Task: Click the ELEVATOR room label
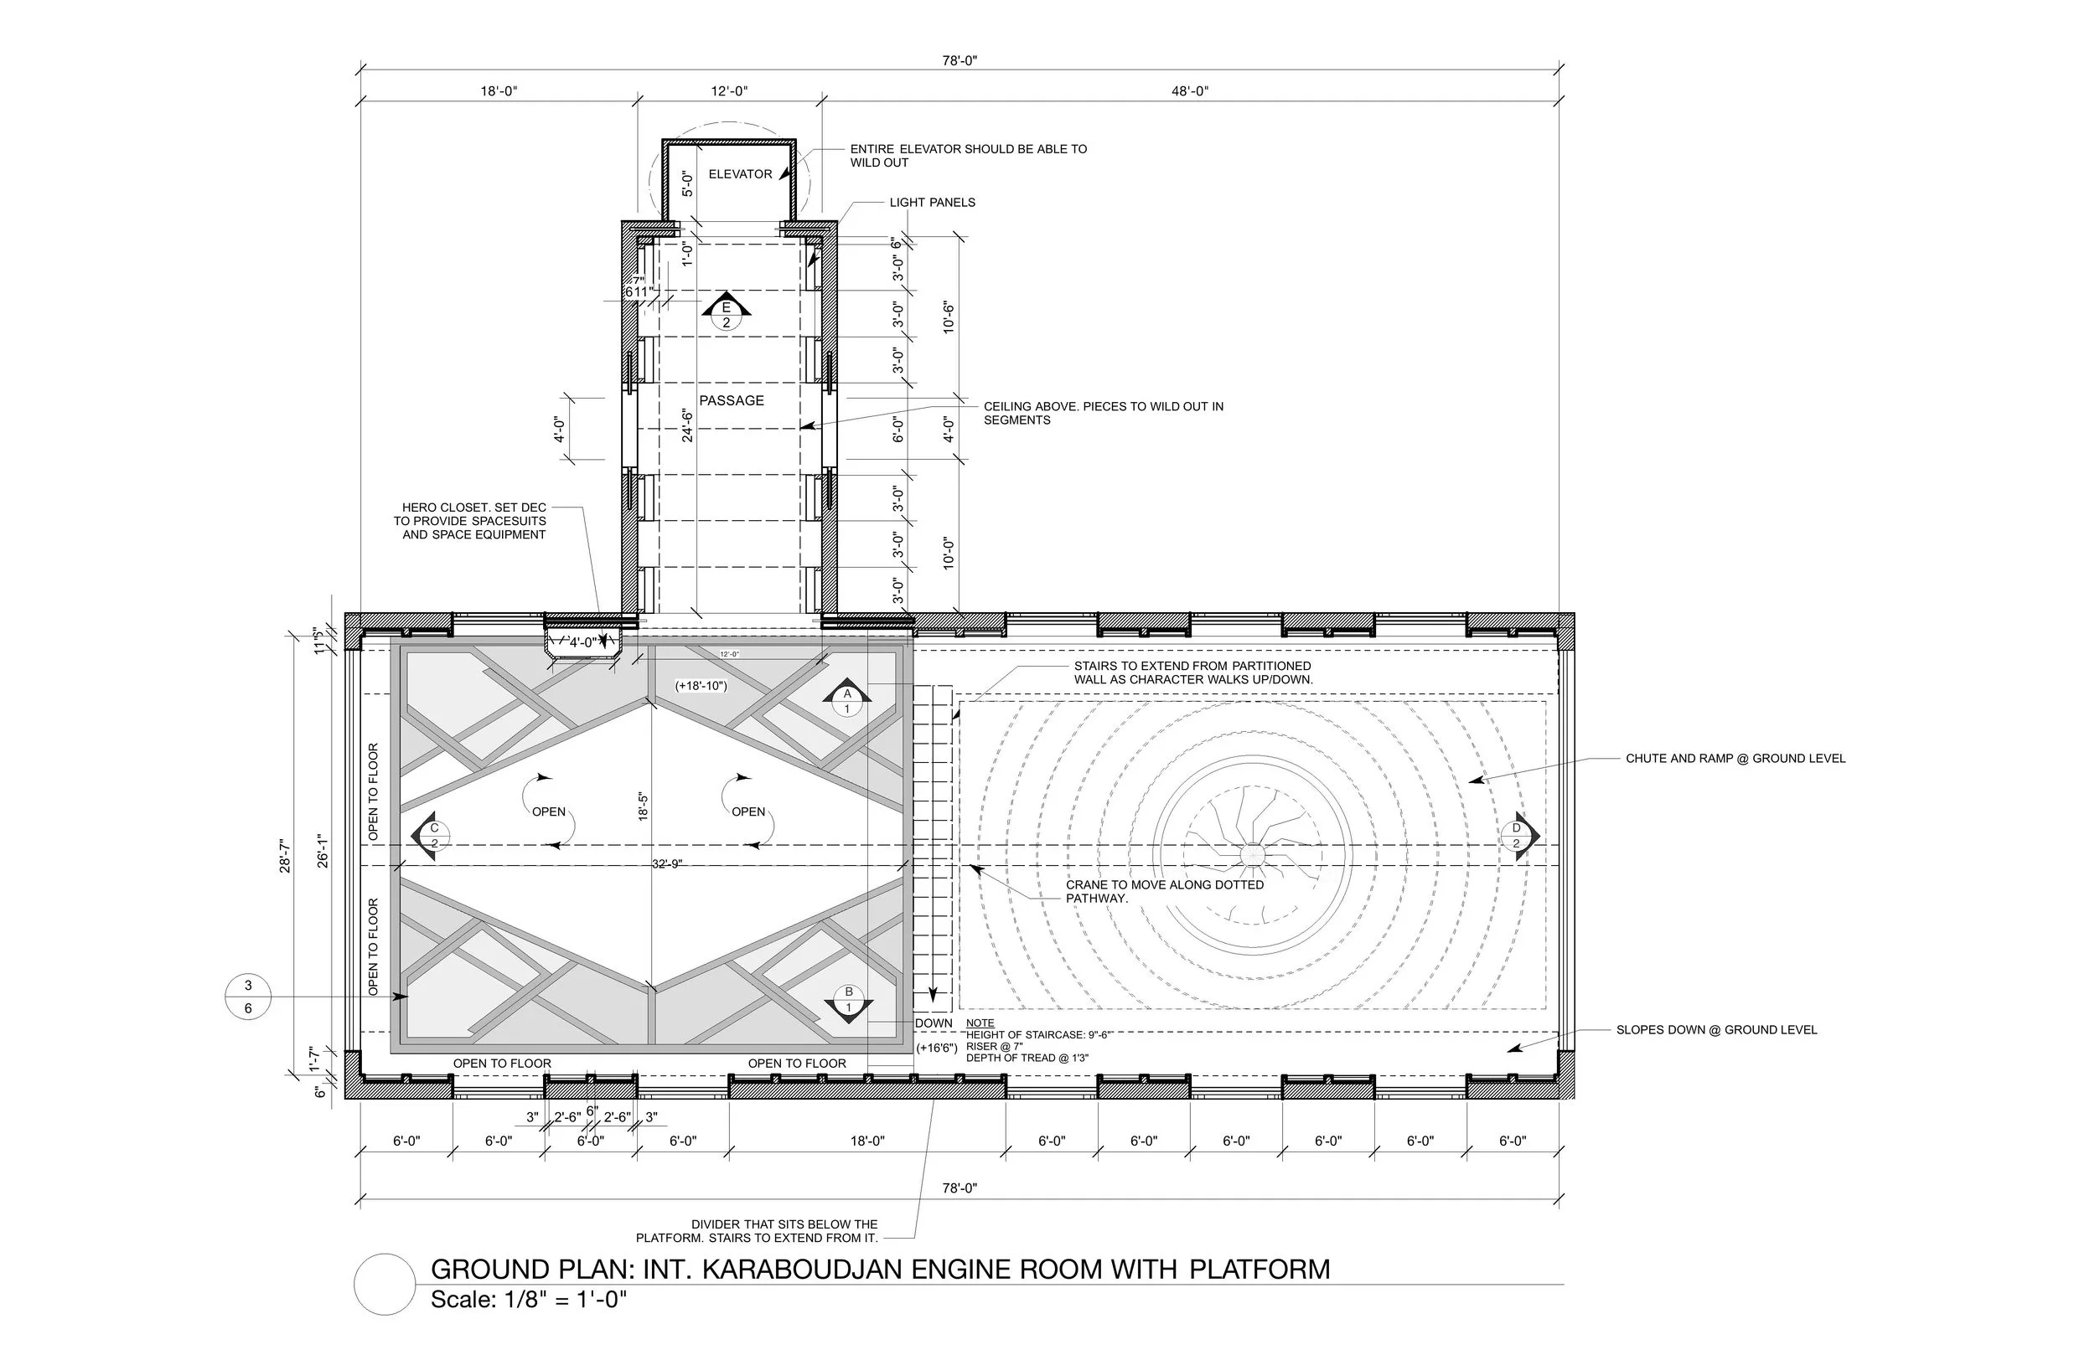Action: (739, 174)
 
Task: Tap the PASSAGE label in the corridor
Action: (732, 400)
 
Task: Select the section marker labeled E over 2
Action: (727, 314)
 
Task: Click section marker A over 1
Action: (847, 700)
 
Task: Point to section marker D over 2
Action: (1518, 836)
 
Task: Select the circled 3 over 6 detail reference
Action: (248, 997)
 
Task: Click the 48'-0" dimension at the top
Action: (1189, 91)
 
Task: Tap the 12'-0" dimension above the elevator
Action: (729, 91)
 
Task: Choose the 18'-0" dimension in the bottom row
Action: (867, 1141)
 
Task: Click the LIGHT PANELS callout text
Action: (932, 203)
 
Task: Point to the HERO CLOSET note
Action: (473, 521)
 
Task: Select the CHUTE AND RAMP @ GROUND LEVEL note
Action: (1735, 759)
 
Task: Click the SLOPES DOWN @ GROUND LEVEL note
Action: (1715, 1029)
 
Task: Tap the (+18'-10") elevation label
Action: (701, 685)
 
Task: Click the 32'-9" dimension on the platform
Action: (667, 864)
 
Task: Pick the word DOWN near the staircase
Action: (933, 1023)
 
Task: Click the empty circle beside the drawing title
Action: (385, 1285)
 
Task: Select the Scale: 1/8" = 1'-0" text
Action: (528, 1300)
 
